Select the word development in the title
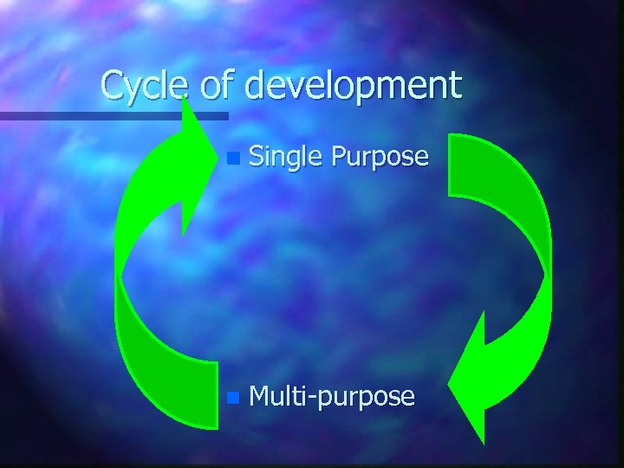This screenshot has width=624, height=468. click(x=353, y=86)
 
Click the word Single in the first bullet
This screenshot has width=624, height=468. click(x=284, y=157)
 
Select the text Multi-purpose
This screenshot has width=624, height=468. click(x=332, y=398)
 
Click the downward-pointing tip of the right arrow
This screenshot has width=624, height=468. click(x=482, y=440)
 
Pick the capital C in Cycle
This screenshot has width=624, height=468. click(x=111, y=86)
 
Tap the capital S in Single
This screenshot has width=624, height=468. click(x=256, y=157)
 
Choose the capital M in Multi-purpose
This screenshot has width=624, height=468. click(x=259, y=397)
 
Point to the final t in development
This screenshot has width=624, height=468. click(x=456, y=86)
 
